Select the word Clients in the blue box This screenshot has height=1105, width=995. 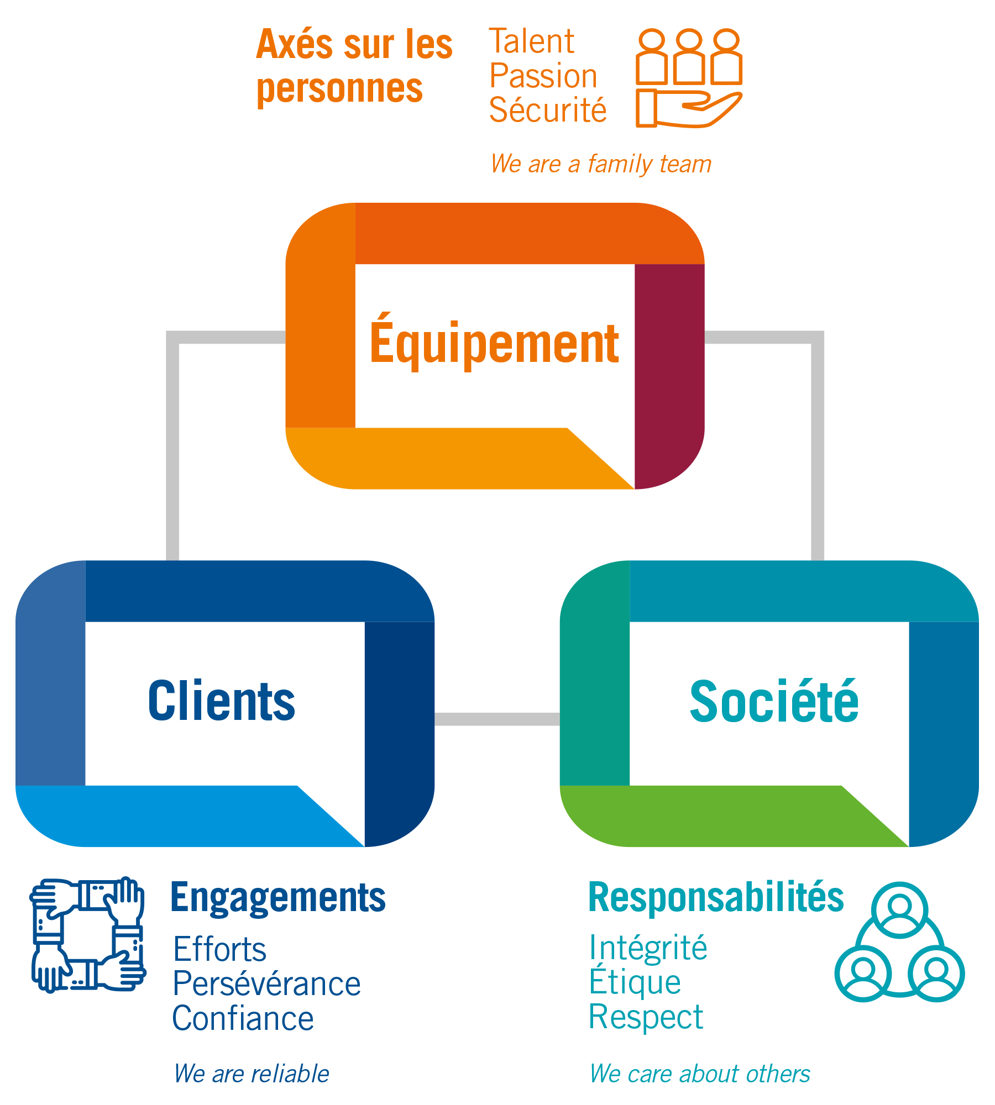coord(222,701)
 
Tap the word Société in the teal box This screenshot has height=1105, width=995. coord(774,699)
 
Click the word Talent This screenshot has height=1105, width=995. coord(532,41)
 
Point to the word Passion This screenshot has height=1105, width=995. coord(543,76)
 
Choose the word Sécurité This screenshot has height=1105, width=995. coord(548,109)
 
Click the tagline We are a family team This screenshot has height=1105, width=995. coord(601,164)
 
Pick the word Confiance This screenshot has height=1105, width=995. coord(243,1018)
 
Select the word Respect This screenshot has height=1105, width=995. coord(646,1017)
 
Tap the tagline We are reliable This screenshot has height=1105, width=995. coord(252,1074)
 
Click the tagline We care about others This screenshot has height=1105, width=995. coord(700,1074)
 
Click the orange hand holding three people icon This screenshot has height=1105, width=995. coord(689,78)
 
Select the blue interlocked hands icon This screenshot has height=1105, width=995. coord(87,935)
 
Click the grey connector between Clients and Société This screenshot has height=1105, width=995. coord(497,719)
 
